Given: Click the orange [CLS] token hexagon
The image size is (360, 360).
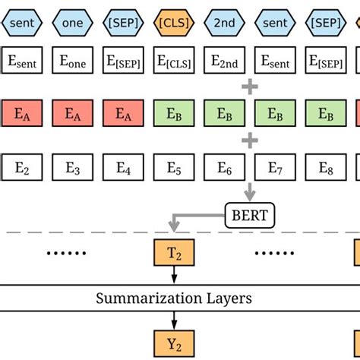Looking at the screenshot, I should (x=174, y=23).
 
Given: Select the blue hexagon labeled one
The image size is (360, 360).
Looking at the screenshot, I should (x=73, y=23).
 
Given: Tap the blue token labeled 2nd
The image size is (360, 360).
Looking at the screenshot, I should (x=225, y=23).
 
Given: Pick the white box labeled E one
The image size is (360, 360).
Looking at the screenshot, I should (x=73, y=61).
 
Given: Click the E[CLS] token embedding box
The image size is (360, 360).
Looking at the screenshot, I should (x=174, y=61).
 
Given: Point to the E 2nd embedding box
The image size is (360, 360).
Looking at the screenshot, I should (x=225, y=61).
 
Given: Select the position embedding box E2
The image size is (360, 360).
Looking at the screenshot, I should (x=22, y=167).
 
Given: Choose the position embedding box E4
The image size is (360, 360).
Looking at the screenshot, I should (x=124, y=167).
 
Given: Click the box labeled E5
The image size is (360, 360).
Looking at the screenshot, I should (x=174, y=167).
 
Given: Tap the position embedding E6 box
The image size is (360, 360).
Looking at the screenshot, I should (x=225, y=167).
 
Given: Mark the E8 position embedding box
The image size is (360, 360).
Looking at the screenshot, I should (x=326, y=167).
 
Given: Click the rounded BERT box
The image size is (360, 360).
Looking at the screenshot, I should (x=249, y=216).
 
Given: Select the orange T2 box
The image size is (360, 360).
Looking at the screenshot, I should (x=174, y=252).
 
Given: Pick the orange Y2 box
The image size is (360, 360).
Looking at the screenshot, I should (x=174, y=343).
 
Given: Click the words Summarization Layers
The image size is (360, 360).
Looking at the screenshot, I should (x=174, y=298).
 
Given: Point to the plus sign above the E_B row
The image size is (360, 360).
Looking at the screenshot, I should (x=249, y=87).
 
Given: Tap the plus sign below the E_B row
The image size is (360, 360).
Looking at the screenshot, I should (x=249, y=141).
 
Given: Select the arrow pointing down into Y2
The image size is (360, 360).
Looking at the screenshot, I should (x=174, y=320).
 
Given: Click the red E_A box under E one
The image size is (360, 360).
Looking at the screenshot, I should (x=73, y=114).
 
